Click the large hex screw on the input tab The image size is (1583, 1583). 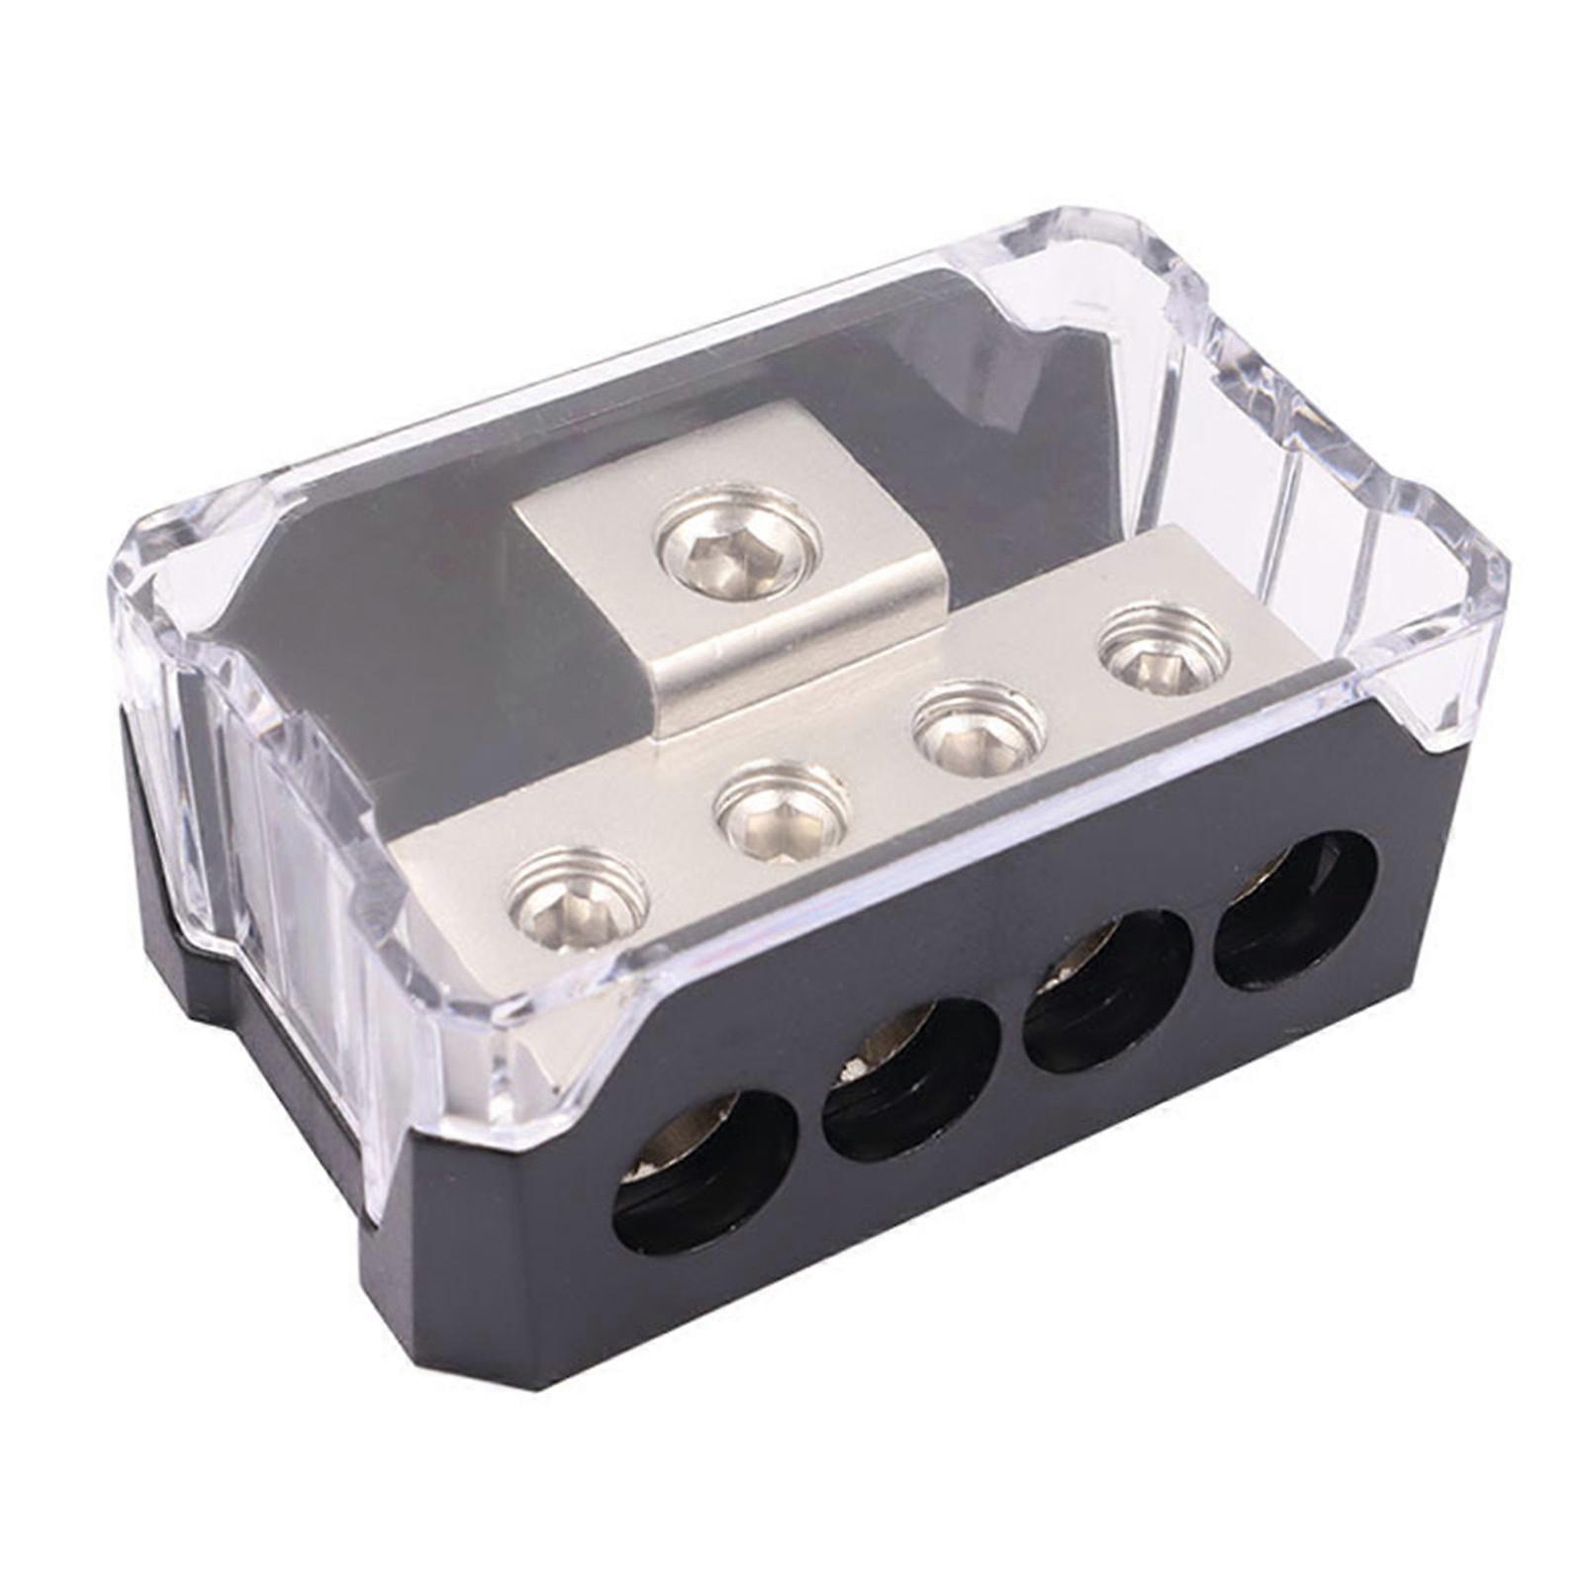pyautogui.click(x=737, y=546)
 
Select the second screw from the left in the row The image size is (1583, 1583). pyautogui.click(x=782, y=811)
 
